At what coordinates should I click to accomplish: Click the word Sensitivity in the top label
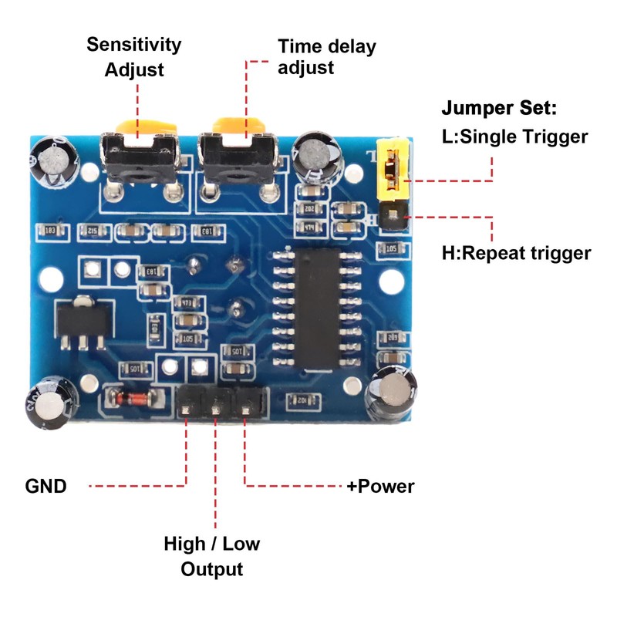tap(133, 44)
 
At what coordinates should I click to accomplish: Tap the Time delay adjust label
tap(326, 56)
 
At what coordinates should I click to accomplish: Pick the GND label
tap(46, 486)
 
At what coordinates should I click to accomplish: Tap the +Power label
tap(380, 486)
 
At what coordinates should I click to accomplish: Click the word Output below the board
tap(211, 569)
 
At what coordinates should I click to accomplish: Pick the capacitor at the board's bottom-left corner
tap(48, 403)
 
